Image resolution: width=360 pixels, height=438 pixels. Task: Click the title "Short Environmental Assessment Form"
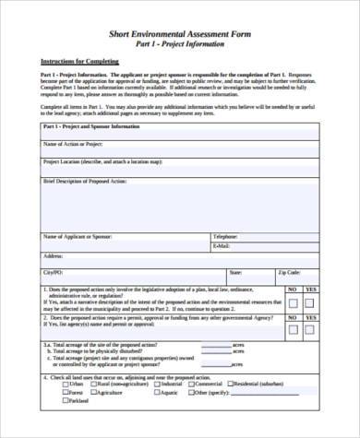[180, 31]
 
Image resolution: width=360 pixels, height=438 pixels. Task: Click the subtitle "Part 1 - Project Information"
[180, 42]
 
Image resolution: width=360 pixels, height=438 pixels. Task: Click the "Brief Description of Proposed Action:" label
[87, 182]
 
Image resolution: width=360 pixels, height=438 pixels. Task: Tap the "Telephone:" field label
[225, 237]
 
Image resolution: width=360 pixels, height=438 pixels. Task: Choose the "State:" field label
[236, 273]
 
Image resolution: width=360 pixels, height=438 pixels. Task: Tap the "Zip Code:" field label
[288, 273]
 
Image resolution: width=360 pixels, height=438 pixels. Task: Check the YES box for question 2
[311, 329]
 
